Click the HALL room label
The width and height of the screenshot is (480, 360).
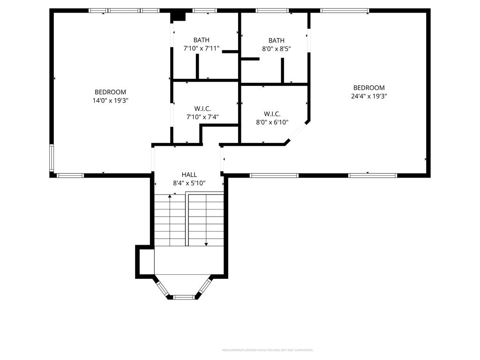click(x=189, y=174)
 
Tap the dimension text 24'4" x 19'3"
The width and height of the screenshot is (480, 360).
click(x=369, y=96)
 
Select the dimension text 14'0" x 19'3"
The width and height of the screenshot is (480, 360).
click(x=110, y=100)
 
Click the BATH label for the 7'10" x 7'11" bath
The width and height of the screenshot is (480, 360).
click(x=202, y=40)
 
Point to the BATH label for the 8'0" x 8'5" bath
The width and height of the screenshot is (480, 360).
click(x=277, y=41)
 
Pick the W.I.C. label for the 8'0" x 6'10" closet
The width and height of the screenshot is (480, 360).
click(x=272, y=114)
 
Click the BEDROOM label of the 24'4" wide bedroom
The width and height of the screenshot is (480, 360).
click(x=369, y=88)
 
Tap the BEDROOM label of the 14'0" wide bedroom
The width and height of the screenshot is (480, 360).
click(x=110, y=92)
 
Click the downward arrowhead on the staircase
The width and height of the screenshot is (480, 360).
click(x=206, y=244)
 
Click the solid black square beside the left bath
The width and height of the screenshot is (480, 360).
click(x=178, y=16)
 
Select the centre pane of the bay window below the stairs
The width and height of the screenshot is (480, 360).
click(x=184, y=297)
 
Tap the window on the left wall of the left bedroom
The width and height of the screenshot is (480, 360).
click(x=52, y=158)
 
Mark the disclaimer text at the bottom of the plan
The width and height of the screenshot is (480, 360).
click(x=267, y=350)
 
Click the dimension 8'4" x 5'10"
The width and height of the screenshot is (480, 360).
click(x=189, y=183)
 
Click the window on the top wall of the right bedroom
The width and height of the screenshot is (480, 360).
click(x=345, y=10)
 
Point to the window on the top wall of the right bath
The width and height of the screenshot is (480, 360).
click(x=272, y=10)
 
